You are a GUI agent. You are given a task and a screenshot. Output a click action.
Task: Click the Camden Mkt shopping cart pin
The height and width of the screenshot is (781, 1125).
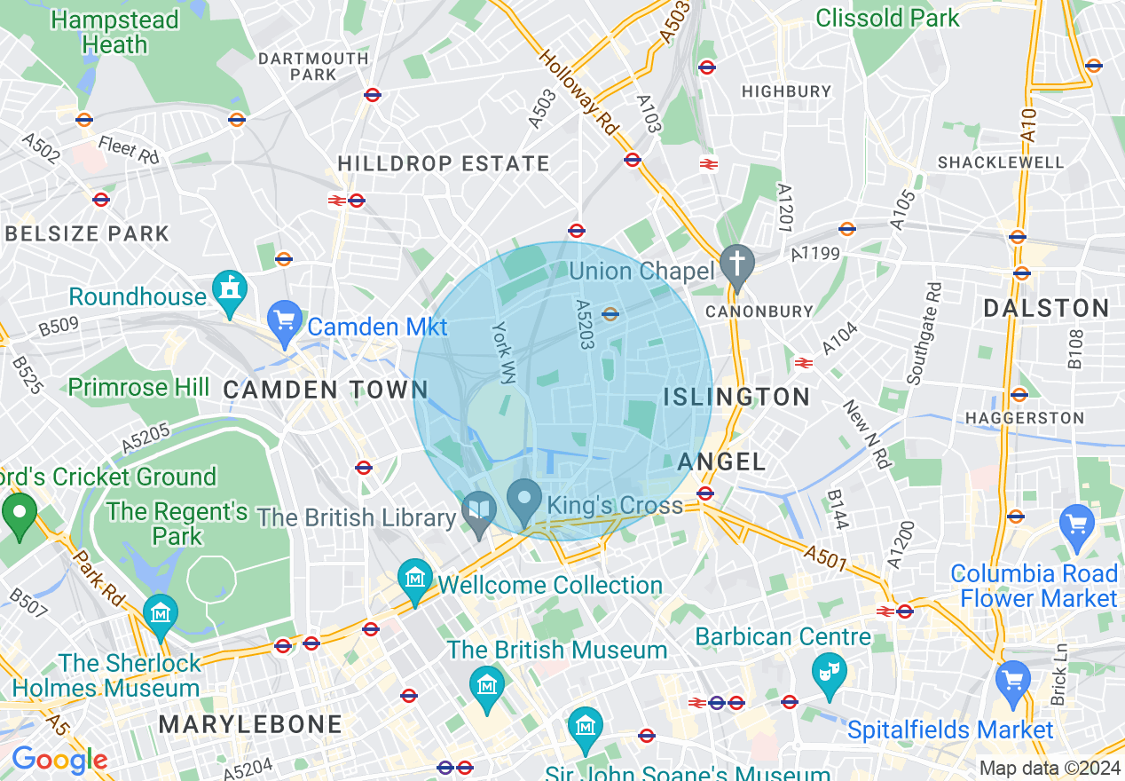click(x=285, y=321)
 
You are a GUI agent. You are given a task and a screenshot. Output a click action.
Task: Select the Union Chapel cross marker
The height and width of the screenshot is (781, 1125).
click(x=736, y=265)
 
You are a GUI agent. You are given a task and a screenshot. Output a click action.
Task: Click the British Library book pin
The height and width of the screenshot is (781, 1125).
click(x=479, y=513)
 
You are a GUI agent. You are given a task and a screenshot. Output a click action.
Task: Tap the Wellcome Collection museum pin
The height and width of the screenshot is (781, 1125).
click(x=414, y=580)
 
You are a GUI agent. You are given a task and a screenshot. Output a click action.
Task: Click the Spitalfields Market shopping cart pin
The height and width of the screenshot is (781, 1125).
click(x=1012, y=682)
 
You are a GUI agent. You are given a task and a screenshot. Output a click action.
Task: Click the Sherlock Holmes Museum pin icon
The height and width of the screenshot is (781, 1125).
click(x=161, y=615)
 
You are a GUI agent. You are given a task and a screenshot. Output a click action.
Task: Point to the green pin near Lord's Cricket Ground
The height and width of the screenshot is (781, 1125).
click(x=19, y=515)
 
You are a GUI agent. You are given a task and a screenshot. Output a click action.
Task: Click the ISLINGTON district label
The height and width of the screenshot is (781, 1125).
click(x=736, y=397)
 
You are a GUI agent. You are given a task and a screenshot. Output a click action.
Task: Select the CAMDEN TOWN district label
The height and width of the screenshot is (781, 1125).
click(x=326, y=390)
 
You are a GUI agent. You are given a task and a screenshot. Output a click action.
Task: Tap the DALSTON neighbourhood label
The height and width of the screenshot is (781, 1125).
click(x=1046, y=309)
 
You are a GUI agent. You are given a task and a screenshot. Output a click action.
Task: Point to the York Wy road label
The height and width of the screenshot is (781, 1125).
click(x=503, y=352)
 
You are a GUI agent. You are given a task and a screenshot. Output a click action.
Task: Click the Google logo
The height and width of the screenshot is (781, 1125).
click(x=59, y=761)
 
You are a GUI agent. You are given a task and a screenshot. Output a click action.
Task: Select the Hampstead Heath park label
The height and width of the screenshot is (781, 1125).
click(x=114, y=32)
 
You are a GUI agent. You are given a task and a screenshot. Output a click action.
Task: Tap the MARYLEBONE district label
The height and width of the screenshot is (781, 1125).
click(x=250, y=724)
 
